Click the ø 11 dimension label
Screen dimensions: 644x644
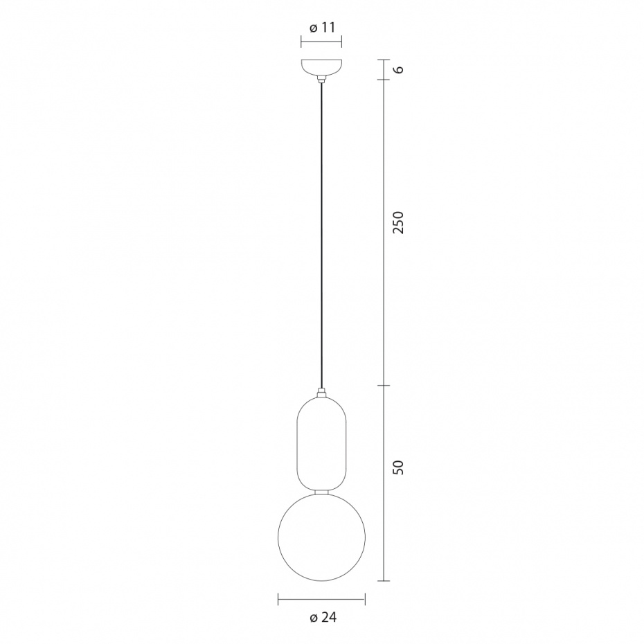pyautogui.click(x=322, y=28)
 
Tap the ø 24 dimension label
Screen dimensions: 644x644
pyautogui.click(x=323, y=617)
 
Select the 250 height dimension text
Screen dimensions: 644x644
pyautogui.click(x=398, y=222)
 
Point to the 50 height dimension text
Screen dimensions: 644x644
pyautogui.click(x=398, y=467)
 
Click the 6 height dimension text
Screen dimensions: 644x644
pyautogui.click(x=398, y=69)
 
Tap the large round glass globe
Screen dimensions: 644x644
pyautogui.click(x=321, y=537)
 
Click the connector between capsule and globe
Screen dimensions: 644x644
pyautogui.click(x=321, y=491)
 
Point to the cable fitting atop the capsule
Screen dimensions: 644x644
pyautogui.click(x=321, y=392)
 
